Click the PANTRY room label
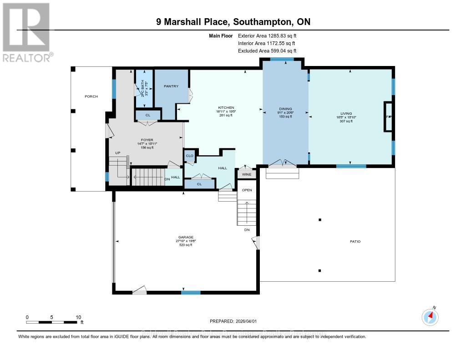coord(172,86)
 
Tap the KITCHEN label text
coord(226,107)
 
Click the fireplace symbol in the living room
coord(389,117)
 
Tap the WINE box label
coord(246,174)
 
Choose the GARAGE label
coord(186,237)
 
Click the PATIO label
coord(355,241)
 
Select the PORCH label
coord(91,96)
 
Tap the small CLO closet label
coord(190,156)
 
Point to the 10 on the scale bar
coord(78,317)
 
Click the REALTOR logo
coord(26,32)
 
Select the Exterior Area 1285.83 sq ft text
coord(267,35)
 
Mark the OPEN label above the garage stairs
coord(247,190)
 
